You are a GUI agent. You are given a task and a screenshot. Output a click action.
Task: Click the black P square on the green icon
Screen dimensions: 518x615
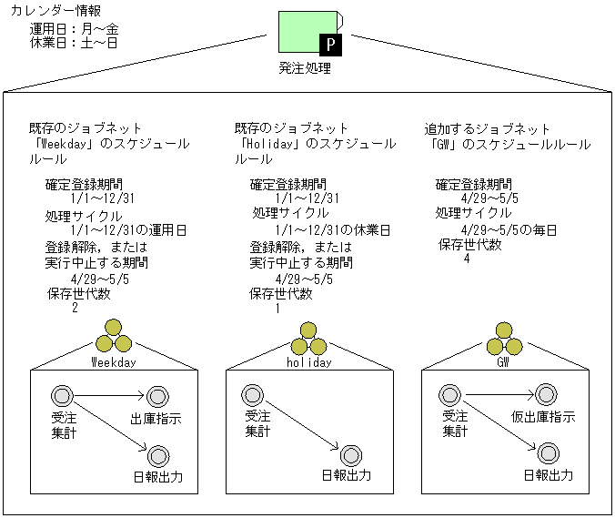pos(329,43)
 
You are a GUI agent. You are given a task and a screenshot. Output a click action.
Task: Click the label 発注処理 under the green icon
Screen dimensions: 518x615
pos(306,67)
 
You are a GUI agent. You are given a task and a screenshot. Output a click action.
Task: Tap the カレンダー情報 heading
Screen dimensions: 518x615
pos(55,12)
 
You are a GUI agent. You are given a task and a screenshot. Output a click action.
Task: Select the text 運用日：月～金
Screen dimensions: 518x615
pos(74,28)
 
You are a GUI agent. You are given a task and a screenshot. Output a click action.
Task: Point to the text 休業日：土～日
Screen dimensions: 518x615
pos(74,43)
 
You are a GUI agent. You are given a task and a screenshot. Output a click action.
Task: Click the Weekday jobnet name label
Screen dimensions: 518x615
pos(114,361)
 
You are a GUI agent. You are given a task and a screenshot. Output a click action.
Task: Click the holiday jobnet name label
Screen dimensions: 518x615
pos(308,361)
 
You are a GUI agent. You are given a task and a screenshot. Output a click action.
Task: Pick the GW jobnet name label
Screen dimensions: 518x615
pos(503,361)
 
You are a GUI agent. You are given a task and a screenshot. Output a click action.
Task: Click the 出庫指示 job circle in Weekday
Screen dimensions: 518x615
pos(158,396)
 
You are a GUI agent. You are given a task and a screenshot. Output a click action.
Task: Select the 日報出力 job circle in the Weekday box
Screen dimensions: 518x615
pos(158,454)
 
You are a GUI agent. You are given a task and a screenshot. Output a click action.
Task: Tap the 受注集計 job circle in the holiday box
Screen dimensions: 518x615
pos(253,396)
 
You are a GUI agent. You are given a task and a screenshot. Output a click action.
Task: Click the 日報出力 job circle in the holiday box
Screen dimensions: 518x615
pos(351,454)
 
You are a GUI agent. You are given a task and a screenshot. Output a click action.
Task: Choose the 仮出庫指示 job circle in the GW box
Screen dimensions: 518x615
pos(546,395)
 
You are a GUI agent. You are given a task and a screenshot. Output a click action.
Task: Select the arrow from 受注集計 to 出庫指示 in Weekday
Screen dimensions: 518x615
pos(107,396)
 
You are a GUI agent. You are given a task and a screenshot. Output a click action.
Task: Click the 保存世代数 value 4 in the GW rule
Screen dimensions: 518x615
pos(467,259)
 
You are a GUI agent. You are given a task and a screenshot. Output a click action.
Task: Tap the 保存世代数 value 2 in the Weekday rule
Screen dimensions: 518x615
pos(75,308)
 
